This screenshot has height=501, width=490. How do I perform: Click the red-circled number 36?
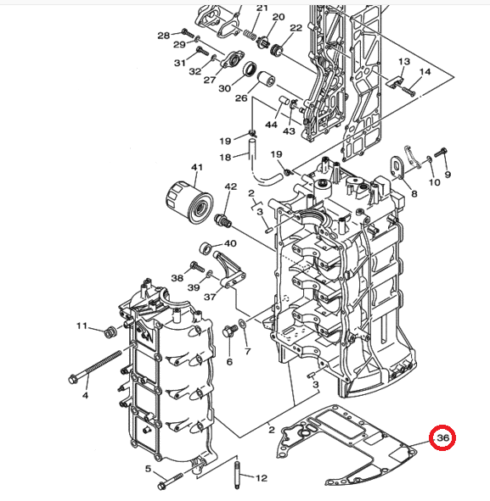click(442, 437)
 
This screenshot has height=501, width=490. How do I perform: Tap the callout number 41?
click(197, 167)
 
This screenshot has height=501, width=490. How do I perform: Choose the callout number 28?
click(164, 35)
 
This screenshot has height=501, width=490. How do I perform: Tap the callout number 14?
click(425, 72)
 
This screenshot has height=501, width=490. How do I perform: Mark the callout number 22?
click(296, 28)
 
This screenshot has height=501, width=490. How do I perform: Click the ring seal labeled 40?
click(206, 248)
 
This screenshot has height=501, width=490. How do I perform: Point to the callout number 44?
click(271, 125)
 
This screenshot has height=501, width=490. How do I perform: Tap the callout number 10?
click(434, 182)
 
